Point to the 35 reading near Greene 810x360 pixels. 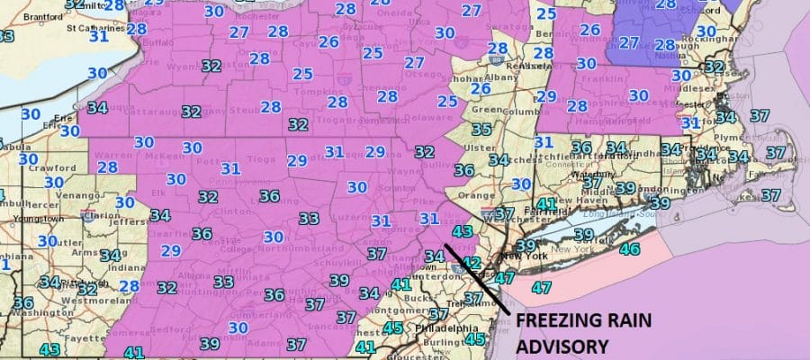481,130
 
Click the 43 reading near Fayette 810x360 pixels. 50,349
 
